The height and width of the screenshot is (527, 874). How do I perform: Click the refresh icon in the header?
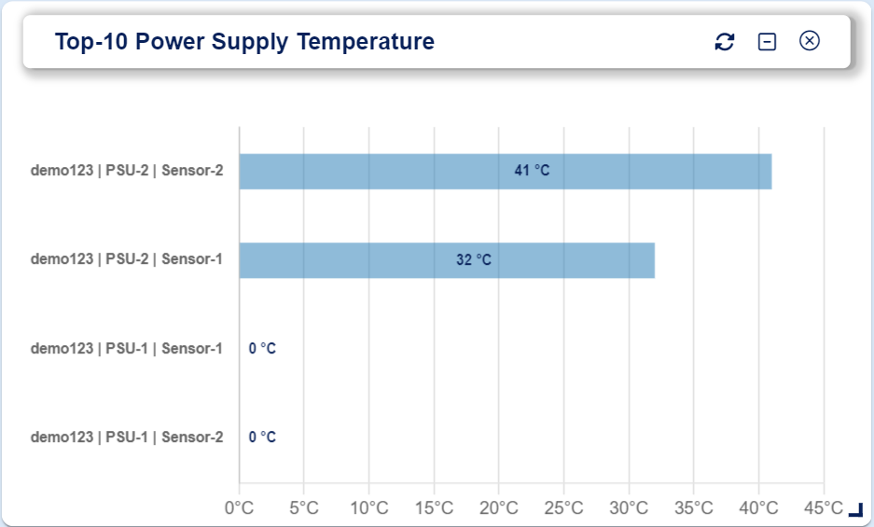point(724,41)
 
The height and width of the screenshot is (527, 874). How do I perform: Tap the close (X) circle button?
point(810,41)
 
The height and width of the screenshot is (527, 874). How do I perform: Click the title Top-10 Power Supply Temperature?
point(244,42)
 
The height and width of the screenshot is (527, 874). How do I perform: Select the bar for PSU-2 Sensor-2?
point(506,172)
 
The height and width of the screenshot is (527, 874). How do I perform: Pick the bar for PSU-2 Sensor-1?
point(447,260)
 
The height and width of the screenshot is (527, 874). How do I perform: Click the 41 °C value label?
point(532,171)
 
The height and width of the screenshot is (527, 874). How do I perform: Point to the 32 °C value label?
point(474,260)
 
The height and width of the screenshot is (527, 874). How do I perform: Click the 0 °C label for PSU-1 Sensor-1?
point(262,349)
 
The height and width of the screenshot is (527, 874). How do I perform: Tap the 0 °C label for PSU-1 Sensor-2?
point(262,437)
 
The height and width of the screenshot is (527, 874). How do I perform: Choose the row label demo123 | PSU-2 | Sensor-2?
point(127,171)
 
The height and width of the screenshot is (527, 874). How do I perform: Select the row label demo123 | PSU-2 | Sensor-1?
point(127,259)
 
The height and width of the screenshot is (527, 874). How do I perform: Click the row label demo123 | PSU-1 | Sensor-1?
point(127,349)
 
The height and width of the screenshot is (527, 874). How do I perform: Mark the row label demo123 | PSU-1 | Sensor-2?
point(127,437)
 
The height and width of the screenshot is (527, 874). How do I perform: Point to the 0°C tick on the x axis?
point(239,508)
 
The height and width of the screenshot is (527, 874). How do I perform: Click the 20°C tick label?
point(499,508)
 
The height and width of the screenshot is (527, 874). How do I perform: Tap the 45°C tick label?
point(824,508)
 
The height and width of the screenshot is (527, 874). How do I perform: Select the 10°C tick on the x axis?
point(369,508)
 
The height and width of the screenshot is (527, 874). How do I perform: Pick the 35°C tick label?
point(693,508)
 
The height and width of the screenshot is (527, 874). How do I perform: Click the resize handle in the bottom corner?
point(856,510)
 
